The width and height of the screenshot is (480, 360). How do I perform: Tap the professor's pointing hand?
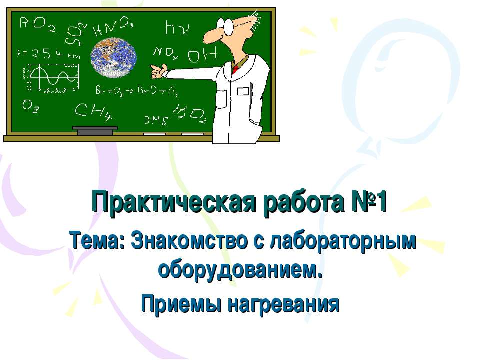158,71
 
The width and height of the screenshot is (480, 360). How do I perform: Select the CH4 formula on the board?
93,113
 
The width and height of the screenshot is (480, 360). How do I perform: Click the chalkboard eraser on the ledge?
95,131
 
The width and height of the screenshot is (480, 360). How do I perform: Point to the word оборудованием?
239,270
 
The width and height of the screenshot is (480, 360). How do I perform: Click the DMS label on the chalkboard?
155,120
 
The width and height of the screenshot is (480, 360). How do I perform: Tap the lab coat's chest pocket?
244,91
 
